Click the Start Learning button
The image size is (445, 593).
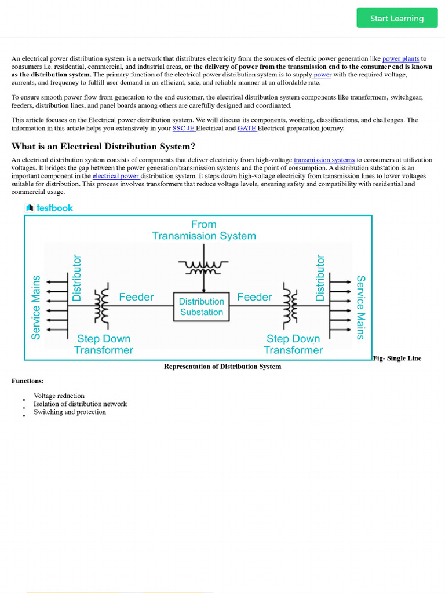coord(397,18)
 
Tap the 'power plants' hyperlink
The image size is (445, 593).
coord(400,58)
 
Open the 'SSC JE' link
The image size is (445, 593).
coord(184,128)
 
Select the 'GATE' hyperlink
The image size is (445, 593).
coord(247,128)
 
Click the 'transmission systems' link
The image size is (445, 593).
coord(324,159)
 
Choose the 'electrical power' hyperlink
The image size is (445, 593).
coord(116,175)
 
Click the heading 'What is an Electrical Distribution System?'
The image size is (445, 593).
coord(103,146)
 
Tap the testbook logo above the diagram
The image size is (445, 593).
coord(50,208)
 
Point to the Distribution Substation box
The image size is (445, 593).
coord(201,307)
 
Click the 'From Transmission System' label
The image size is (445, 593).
coord(203,230)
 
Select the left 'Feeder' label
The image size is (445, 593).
coord(136,297)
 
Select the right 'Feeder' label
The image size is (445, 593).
coord(254,297)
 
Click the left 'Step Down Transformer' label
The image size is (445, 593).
coord(104,344)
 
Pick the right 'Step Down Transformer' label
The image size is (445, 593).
coord(293,344)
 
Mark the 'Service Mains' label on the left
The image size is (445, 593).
coord(36,307)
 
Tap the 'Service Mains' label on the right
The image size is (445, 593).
coord(360,307)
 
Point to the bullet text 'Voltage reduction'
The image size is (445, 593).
coord(59,396)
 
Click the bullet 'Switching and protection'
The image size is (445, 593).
coord(70,412)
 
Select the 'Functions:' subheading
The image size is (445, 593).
coord(27,380)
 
